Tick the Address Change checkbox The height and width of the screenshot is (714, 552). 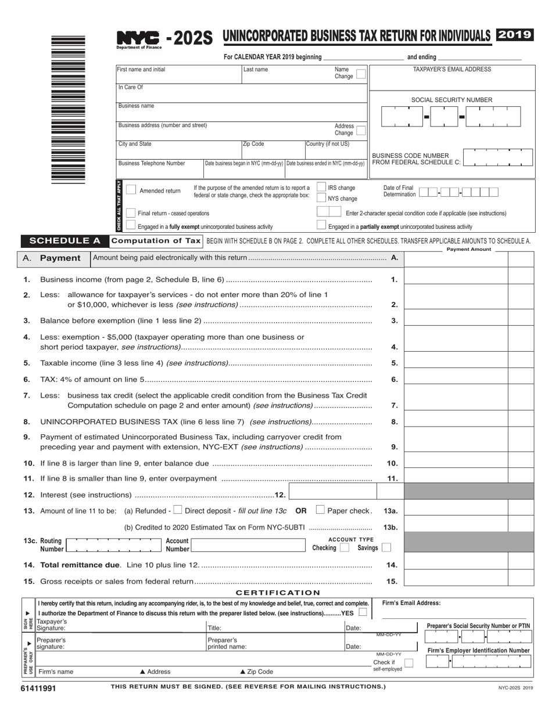click(361, 131)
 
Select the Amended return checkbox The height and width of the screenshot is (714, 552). click(131, 190)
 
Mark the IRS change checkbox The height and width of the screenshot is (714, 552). click(321, 187)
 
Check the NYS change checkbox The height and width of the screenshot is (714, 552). click(321, 198)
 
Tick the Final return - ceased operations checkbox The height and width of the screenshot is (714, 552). click(131, 213)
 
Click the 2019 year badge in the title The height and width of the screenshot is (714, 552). click(514, 35)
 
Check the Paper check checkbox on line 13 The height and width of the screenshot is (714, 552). click(320, 510)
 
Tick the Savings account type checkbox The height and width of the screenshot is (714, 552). click(386, 547)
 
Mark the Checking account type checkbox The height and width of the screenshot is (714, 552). click(344, 547)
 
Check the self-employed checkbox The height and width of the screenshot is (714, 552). click(408, 662)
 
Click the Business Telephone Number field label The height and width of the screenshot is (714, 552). click(152, 164)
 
